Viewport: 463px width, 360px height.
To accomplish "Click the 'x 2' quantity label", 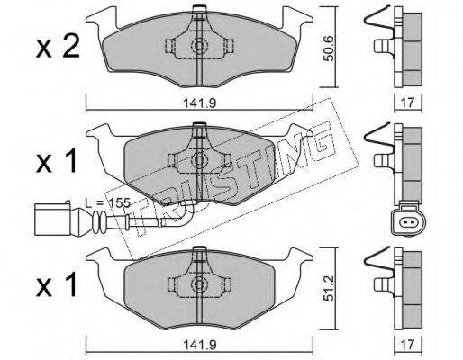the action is click(58, 48).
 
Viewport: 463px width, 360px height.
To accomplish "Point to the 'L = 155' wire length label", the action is click(107, 203).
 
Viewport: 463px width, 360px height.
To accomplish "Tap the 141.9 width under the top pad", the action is click(200, 103).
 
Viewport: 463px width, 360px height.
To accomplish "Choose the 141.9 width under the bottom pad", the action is click(200, 345).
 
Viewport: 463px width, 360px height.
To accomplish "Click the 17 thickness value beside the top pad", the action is click(407, 103).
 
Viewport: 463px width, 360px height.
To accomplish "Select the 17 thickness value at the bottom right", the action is click(407, 345).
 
